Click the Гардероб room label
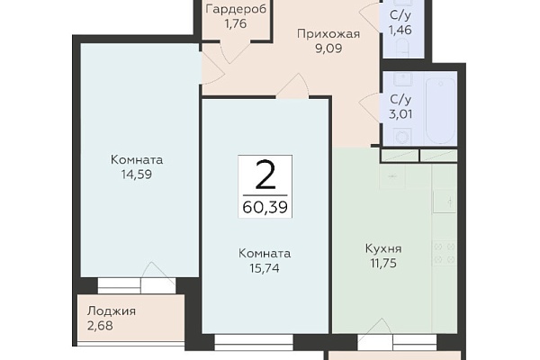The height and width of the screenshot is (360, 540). (236, 10)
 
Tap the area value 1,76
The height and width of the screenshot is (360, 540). (236, 23)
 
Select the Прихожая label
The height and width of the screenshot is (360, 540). (328, 34)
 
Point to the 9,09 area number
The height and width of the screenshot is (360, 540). (328, 49)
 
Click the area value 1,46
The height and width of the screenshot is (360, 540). (400, 30)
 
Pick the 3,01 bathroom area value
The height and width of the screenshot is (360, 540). (400, 114)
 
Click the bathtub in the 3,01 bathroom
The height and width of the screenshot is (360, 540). (440, 111)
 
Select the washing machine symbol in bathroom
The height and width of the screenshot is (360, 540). (402, 137)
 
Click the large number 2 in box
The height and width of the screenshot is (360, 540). (265, 175)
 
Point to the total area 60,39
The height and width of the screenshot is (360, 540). (265, 207)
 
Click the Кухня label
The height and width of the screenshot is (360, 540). (383, 248)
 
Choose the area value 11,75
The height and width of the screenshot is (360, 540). (383, 263)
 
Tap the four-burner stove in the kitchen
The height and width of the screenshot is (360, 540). (445, 253)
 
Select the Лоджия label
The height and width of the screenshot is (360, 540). (112, 311)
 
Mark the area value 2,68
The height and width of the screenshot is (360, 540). (100, 326)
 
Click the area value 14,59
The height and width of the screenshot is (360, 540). (137, 175)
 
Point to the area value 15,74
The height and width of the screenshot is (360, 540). (265, 268)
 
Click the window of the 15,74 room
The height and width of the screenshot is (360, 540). (254, 339)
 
